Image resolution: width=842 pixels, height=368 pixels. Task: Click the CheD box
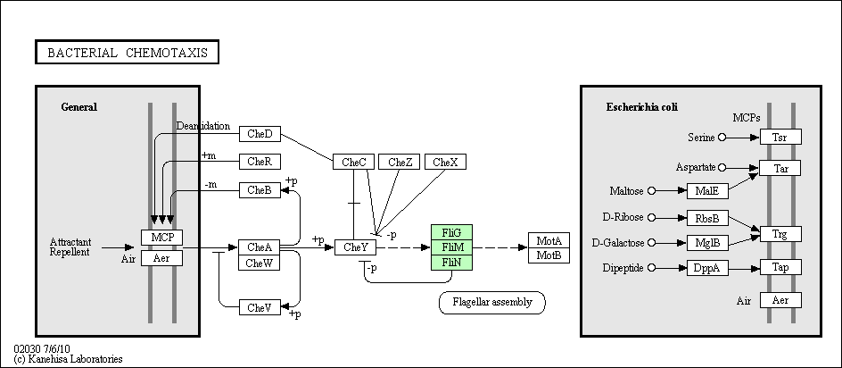[x=260, y=134]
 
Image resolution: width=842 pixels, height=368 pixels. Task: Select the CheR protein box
[x=260, y=162]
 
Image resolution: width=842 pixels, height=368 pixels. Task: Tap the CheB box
[x=260, y=190]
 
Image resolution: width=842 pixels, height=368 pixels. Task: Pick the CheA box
[x=260, y=247]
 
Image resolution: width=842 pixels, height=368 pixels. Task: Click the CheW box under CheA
[x=260, y=263]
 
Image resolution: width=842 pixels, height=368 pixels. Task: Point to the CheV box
[x=260, y=307]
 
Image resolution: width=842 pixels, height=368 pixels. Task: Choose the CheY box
[x=356, y=247]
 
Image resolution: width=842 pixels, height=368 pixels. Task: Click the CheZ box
[x=400, y=162]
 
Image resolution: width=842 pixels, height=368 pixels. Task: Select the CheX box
[x=446, y=162]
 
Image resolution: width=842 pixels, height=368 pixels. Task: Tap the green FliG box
[x=452, y=232]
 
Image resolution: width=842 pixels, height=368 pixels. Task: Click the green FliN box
[x=452, y=263]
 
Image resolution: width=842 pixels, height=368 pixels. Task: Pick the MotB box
[x=549, y=255]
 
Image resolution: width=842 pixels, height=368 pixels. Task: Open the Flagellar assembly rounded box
[x=492, y=303]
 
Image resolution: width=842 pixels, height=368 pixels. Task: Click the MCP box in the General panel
[x=162, y=238]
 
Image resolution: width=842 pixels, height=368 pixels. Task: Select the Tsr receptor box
[x=780, y=138]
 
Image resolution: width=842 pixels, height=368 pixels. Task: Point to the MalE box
[x=707, y=191]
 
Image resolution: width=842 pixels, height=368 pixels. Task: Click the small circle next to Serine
[x=722, y=138]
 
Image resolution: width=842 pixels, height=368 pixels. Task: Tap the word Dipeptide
[x=623, y=268]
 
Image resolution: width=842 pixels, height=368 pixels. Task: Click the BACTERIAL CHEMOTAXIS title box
[x=128, y=52]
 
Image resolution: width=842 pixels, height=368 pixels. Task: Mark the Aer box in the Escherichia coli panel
[x=780, y=300]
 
